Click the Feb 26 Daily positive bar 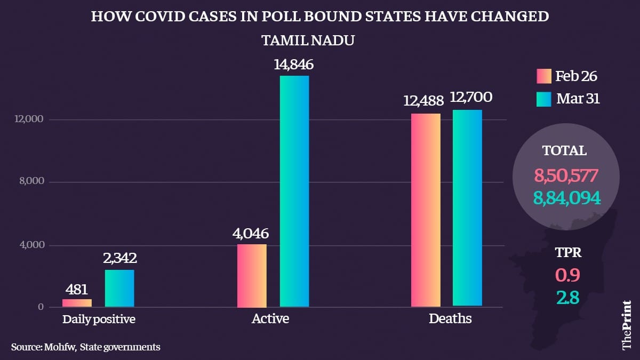[x=77, y=303]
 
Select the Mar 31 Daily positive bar [x=119, y=289]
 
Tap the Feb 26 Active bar [x=251, y=276]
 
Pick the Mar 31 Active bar [x=294, y=191]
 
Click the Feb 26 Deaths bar [x=426, y=210]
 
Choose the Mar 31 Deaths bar [x=468, y=208]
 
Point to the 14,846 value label [x=294, y=65]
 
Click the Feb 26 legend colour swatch [x=543, y=76]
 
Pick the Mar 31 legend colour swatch [x=543, y=99]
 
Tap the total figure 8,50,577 [x=567, y=175]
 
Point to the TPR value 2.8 [x=567, y=297]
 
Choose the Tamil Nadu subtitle [x=308, y=41]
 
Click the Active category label [x=270, y=319]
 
